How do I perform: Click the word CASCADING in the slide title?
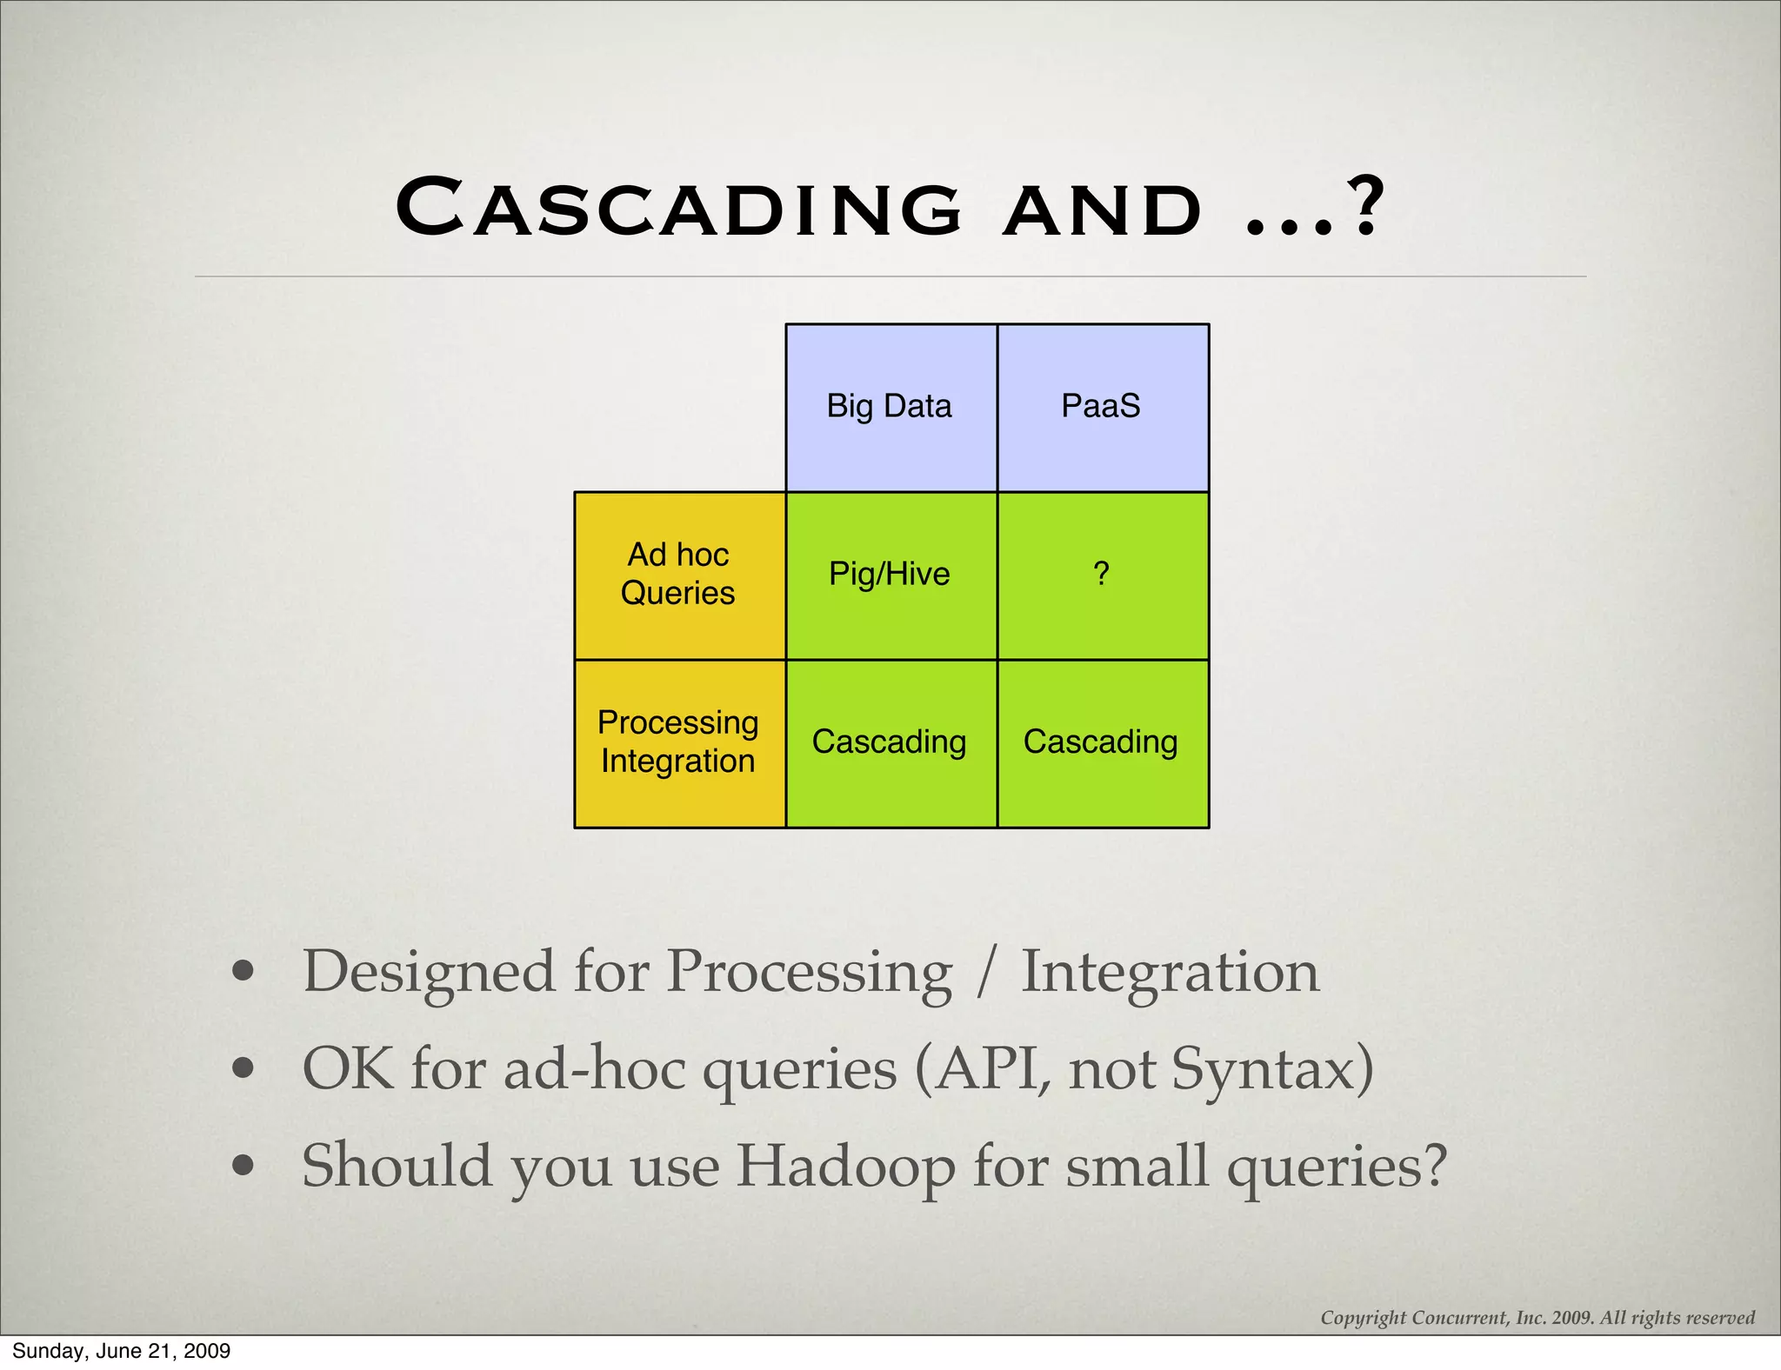678,209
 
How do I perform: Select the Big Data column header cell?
890,407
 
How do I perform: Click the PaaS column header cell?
1102,407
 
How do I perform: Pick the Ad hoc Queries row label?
679,575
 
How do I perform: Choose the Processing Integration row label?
679,742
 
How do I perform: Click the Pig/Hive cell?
890,575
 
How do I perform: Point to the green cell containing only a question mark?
1102,575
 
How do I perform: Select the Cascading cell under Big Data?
890,742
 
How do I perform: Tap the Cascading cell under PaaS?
1102,742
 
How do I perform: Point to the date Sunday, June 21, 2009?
121,1351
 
